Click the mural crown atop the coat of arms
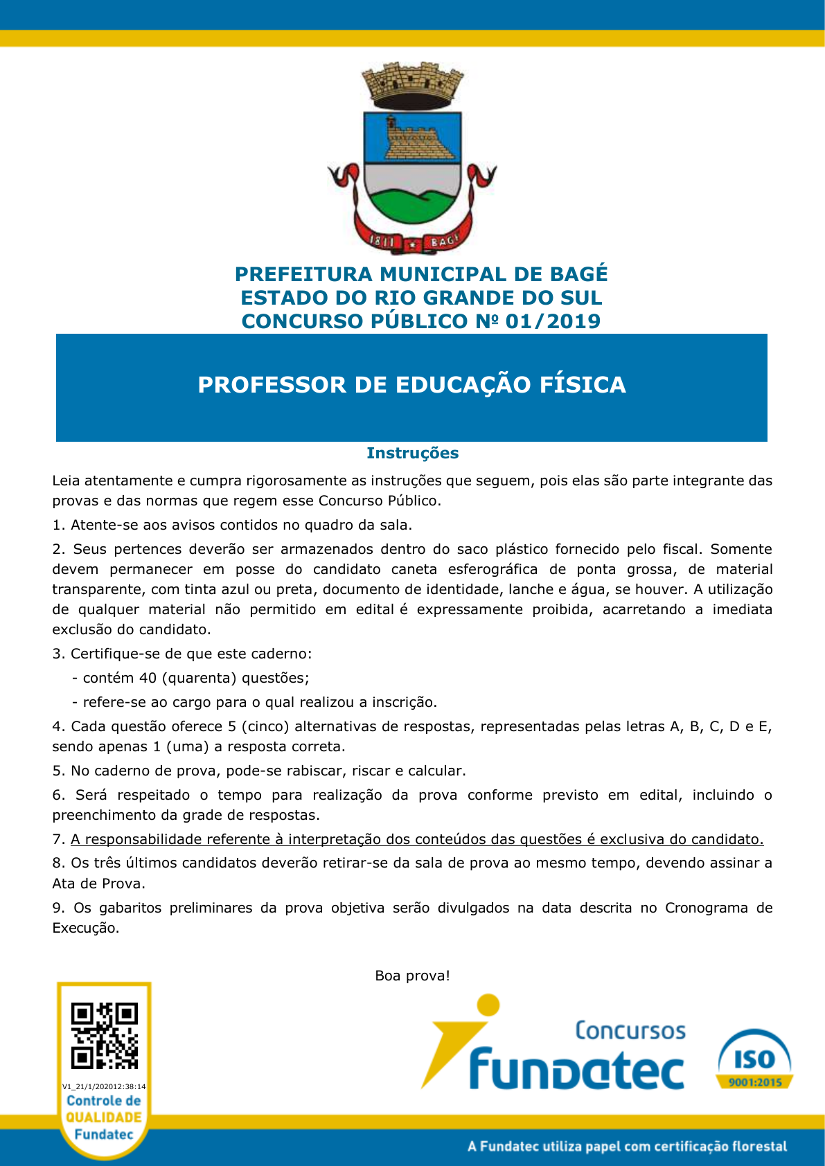413,82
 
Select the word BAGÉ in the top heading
578,274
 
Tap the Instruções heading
412,453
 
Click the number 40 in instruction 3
148,678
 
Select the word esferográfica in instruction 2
493,569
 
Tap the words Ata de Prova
98,884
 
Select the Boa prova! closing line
412,976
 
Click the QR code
105,1036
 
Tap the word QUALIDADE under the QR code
104,1118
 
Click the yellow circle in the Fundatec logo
488,1005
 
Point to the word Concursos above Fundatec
630,1030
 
